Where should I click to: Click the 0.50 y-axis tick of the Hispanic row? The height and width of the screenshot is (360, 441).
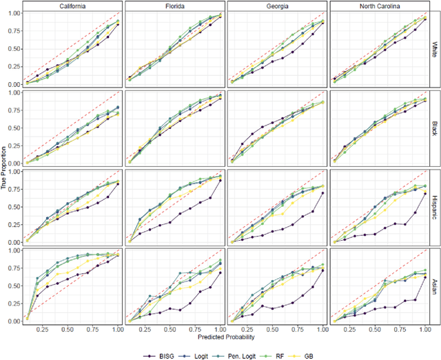(x=12, y=208)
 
